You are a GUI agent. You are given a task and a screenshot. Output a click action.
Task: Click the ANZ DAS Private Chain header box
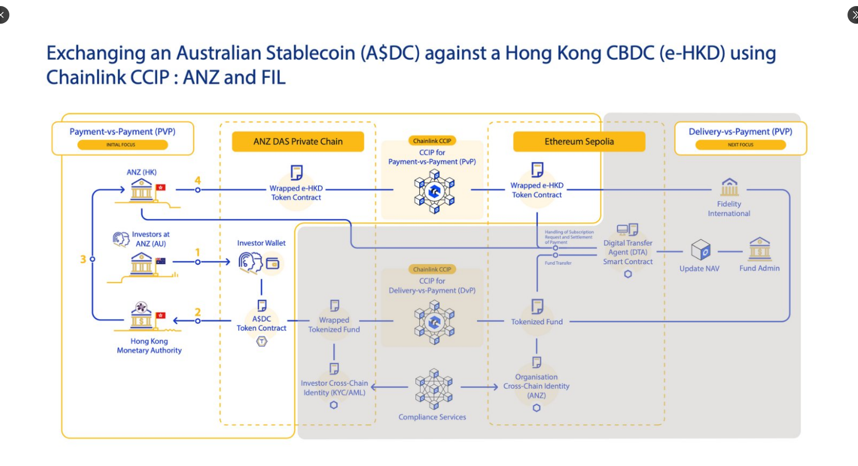298,142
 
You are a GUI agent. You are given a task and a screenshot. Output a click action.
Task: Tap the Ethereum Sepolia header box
579,142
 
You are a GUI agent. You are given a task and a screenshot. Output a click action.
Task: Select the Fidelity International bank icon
729,188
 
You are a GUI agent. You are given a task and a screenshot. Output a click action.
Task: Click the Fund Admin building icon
759,250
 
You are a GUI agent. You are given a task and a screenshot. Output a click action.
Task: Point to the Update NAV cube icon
700,250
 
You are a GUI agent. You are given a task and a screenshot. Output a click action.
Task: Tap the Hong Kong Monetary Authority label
149,346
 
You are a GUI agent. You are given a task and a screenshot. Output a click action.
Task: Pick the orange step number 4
198,180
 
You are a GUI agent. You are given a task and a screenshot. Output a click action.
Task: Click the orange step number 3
83,259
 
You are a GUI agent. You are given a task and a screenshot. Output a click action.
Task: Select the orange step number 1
198,252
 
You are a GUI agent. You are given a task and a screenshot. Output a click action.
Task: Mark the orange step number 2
198,312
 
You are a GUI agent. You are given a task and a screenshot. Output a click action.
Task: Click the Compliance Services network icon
434,388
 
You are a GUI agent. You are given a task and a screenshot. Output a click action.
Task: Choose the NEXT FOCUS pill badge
740,144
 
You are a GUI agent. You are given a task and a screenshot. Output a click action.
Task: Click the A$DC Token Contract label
262,323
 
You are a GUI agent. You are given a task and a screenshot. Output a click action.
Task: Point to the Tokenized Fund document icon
537,306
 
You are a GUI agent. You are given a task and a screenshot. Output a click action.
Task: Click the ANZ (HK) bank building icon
141,190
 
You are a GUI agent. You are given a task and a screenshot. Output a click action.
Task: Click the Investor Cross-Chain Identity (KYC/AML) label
334,388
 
